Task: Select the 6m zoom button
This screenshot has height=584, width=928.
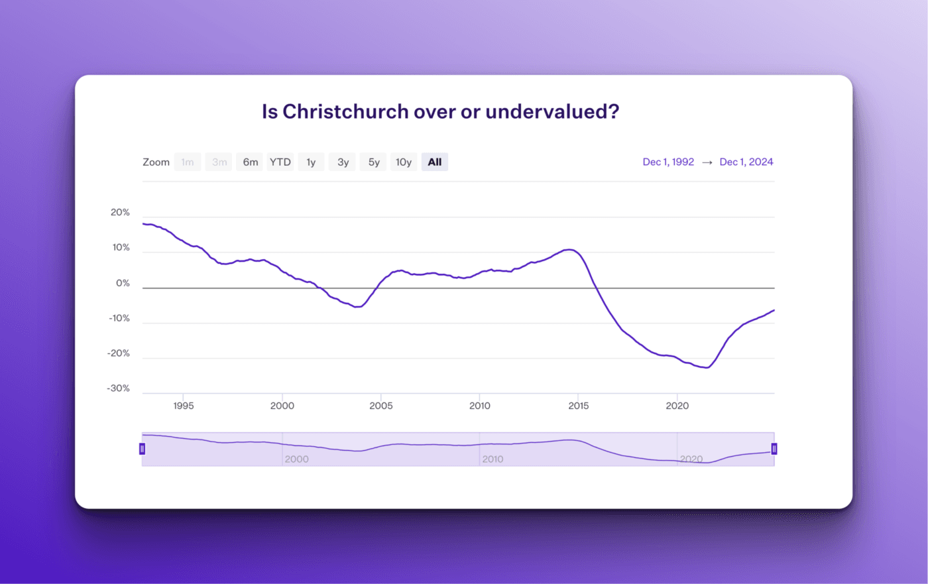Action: pos(250,162)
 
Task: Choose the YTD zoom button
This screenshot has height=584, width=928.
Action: pos(280,162)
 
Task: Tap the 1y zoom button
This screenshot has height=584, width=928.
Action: pos(311,162)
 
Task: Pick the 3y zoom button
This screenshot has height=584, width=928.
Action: pos(343,162)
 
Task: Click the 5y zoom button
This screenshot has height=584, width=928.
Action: pos(374,162)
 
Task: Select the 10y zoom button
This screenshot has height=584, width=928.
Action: pos(404,162)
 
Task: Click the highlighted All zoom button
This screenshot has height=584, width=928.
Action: pos(435,162)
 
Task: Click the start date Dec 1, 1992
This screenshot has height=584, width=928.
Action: pos(668,162)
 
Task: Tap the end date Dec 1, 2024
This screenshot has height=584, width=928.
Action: pos(746,162)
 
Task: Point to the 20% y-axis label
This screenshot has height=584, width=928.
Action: pos(120,212)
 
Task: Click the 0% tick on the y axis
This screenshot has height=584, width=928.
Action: pos(123,283)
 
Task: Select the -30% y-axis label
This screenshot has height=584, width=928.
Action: pos(118,388)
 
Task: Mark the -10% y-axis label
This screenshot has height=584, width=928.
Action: pos(119,318)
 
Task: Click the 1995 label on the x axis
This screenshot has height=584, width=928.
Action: pos(184,406)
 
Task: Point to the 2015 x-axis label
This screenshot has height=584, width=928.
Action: pos(578,406)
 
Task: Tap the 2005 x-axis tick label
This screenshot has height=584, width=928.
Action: pos(381,406)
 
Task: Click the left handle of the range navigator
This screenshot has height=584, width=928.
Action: pos(142,449)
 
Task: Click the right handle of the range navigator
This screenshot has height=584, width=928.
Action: pos(774,449)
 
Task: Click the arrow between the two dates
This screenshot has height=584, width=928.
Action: pos(707,162)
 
